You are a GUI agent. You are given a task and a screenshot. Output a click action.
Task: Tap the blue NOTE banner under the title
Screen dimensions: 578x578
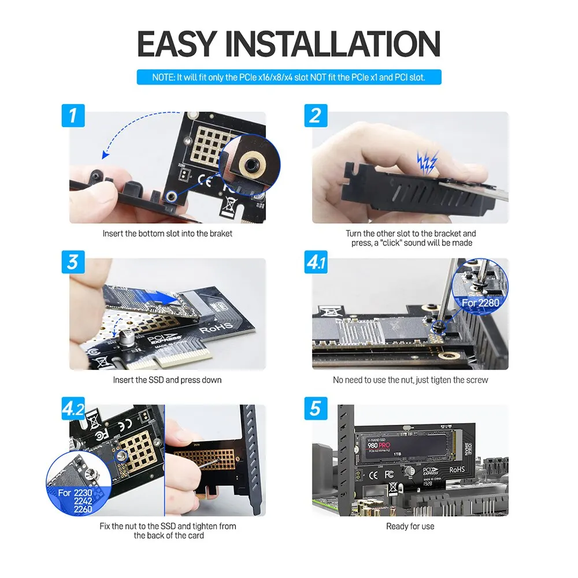tap(289, 77)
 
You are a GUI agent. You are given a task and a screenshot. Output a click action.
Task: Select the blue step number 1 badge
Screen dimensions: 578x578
tap(73, 116)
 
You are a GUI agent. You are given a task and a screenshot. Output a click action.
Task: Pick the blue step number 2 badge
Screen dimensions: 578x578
tap(316, 116)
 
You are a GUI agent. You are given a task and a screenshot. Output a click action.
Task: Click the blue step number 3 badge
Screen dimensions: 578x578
tap(73, 262)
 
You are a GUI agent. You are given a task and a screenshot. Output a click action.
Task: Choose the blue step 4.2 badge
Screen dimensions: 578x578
tap(73, 409)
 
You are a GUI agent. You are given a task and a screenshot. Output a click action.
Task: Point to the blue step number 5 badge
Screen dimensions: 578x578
tap(316, 409)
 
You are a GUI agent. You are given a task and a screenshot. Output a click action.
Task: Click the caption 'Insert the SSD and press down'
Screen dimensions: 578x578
tap(167, 380)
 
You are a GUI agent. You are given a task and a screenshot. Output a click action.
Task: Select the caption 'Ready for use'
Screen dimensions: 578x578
tap(410, 526)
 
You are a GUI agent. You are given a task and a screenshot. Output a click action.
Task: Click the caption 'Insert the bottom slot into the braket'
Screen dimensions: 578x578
tap(168, 234)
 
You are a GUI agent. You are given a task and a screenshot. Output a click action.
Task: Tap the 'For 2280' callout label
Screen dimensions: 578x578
tap(480, 302)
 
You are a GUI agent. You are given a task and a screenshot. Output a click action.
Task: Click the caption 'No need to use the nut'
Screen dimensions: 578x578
tap(410, 380)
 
